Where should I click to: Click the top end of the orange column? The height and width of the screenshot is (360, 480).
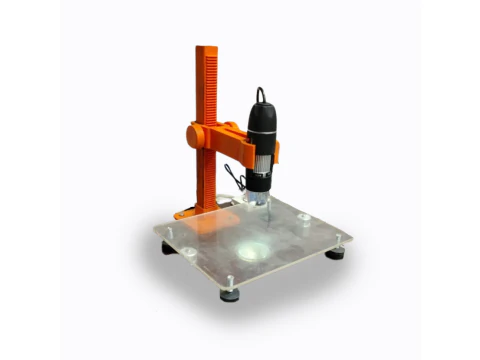208,49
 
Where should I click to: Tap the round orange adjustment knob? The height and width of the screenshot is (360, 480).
196,133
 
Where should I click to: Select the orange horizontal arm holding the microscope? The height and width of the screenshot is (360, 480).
232,145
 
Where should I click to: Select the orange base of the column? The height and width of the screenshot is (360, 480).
196,211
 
